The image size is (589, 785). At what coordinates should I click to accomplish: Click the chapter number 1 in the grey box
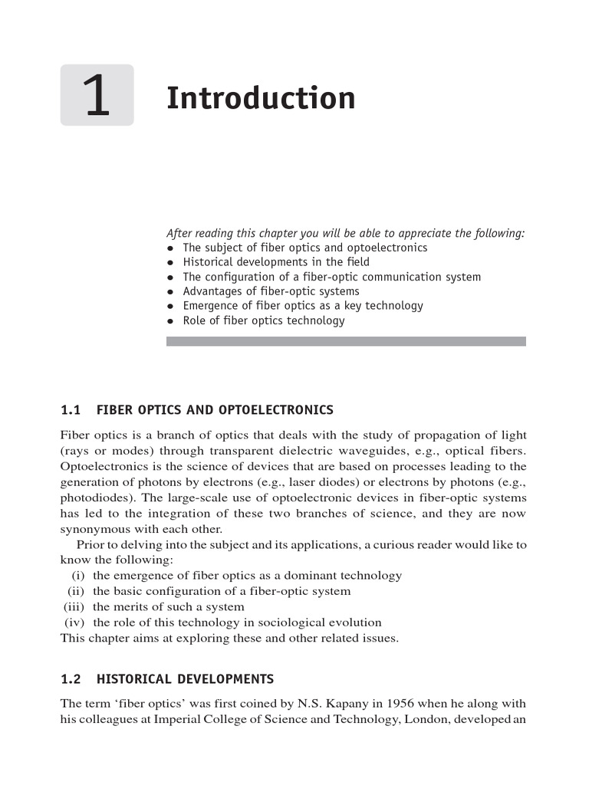[97, 97]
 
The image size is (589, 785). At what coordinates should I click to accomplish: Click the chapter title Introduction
[261, 99]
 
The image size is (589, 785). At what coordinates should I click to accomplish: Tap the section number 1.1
[71, 410]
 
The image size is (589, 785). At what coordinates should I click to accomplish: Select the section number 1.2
[71, 679]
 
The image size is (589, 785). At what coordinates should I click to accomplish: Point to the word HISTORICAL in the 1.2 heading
[134, 679]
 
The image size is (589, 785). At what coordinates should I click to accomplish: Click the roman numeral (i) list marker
[79, 576]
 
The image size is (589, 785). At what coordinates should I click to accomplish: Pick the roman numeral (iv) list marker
[76, 622]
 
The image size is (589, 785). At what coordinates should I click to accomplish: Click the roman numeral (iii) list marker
[76, 607]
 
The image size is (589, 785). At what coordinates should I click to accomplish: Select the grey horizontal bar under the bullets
[346, 341]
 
